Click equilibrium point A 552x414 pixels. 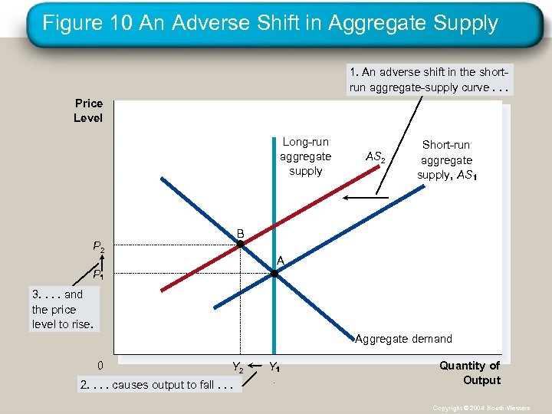click(x=274, y=272)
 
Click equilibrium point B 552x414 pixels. click(x=239, y=244)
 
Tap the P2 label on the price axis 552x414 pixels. click(x=99, y=247)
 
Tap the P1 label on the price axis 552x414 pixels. click(x=99, y=274)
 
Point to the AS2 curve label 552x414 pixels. click(x=375, y=157)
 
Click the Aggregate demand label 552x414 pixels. click(x=403, y=339)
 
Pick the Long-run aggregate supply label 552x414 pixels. click(x=305, y=156)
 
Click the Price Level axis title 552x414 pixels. click(x=88, y=110)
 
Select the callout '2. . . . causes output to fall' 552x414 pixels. click(x=156, y=384)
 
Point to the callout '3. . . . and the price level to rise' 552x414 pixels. click(x=63, y=309)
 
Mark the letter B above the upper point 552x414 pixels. click(x=240, y=233)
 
